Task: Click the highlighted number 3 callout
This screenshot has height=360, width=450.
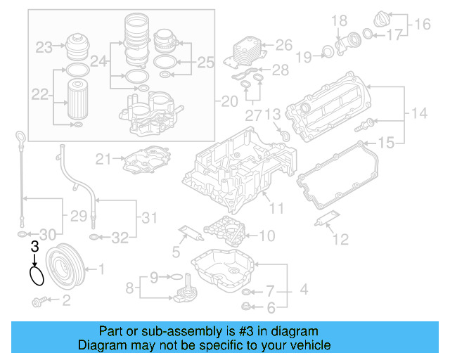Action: coord(34,247)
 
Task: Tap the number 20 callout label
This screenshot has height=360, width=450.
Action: coord(230,102)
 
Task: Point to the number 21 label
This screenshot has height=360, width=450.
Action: coord(104,160)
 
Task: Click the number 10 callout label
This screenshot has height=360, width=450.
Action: coord(267,236)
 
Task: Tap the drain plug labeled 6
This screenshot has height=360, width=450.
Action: coord(246,306)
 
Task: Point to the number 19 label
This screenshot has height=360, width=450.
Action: coord(304,56)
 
